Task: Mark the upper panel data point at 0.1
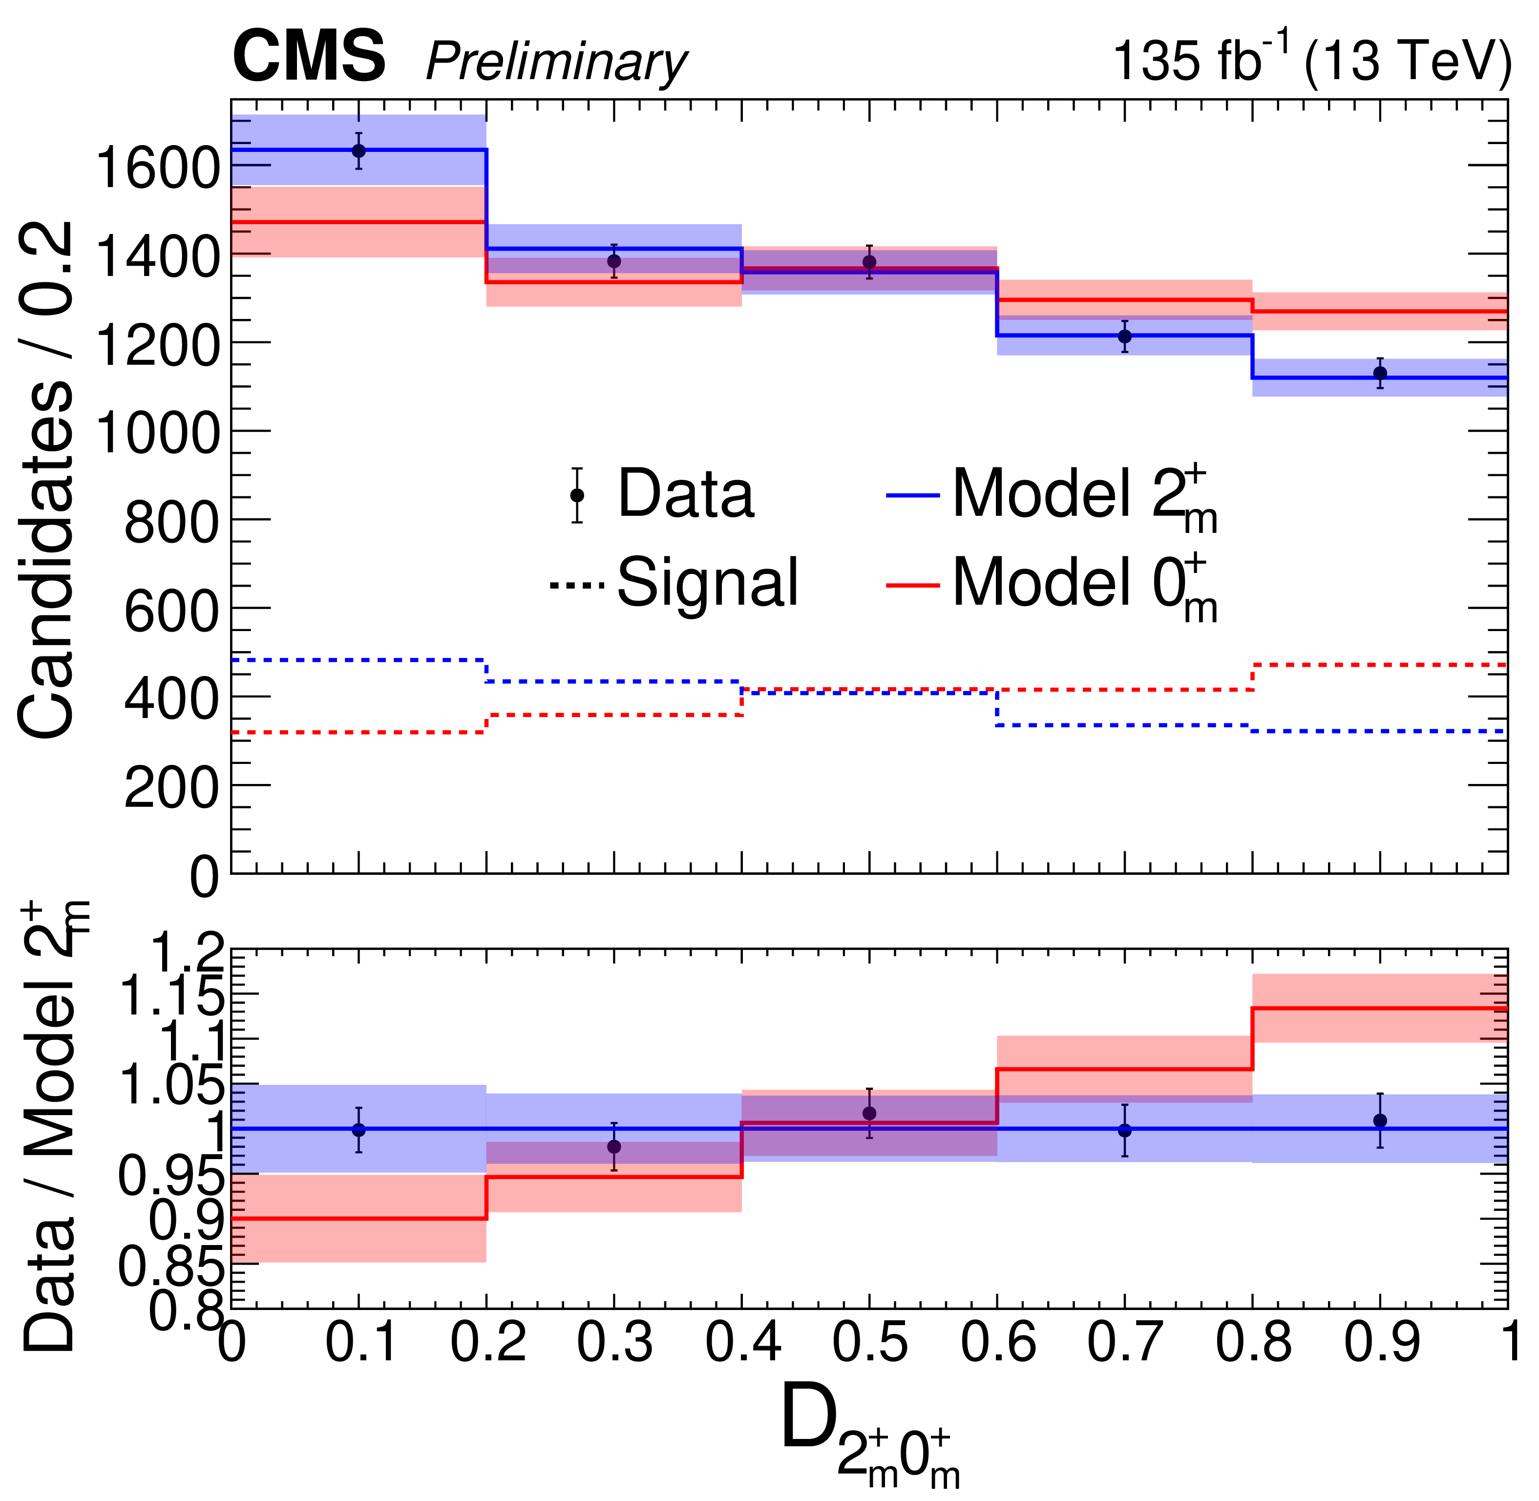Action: (x=358, y=150)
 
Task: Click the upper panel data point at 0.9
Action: (x=1380, y=373)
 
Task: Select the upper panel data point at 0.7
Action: (x=1125, y=337)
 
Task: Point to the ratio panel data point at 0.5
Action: (x=870, y=1113)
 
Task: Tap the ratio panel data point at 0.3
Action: (x=614, y=1146)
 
